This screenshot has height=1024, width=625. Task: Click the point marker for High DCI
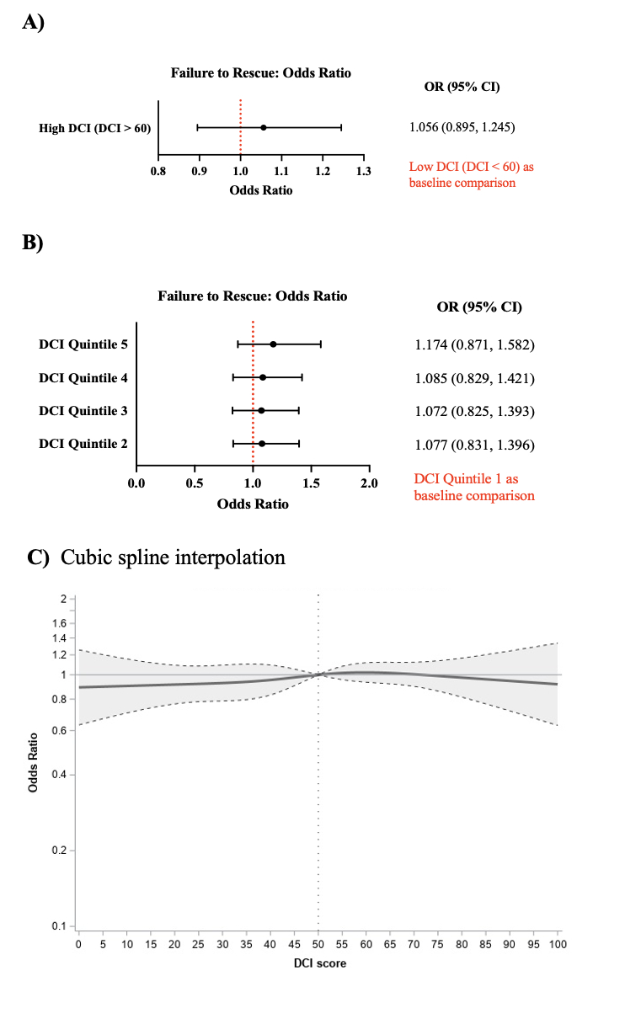tap(264, 128)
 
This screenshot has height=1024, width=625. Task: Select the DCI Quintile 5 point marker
tap(273, 344)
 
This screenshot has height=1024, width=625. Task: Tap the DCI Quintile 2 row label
tap(83, 443)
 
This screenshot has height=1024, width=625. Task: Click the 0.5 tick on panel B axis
tap(195, 483)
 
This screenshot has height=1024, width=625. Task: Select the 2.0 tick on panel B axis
tap(369, 483)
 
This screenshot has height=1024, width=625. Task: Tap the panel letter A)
tap(33, 23)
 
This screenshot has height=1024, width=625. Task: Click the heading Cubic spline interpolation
tap(173, 557)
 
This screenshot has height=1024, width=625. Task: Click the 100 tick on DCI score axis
tap(558, 944)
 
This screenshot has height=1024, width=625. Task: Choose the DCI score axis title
tap(318, 963)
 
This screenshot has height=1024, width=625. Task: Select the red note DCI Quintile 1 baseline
tap(474, 488)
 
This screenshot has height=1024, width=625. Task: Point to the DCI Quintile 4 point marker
tap(263, 377)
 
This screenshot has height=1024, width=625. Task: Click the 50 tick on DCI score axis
tap(318, 944)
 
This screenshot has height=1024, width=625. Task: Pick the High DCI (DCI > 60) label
tap(95, 128)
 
